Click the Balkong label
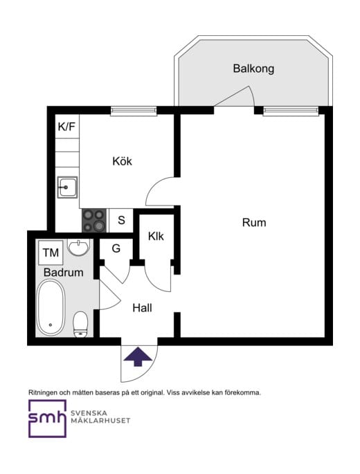253,69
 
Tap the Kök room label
122,161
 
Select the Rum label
253,223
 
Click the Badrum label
63,273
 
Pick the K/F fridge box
67,127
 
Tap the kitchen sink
67,186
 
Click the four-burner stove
94,221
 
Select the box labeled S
120,221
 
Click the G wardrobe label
116,248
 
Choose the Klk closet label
156,236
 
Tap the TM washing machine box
51,253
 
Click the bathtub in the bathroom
51,311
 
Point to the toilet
81,323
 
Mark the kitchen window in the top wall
132,109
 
